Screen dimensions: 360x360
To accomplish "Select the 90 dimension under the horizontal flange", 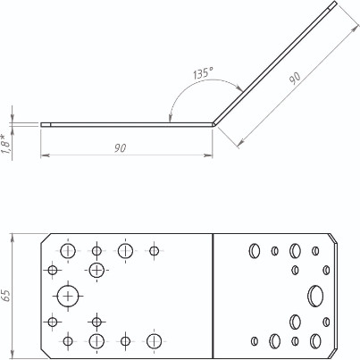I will (x=119, y=148).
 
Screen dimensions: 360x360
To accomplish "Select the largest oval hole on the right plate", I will (x=314, y=295).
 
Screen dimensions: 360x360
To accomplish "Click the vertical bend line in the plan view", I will (x=214, y=295).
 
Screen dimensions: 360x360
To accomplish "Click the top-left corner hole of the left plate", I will (x=69, y=249).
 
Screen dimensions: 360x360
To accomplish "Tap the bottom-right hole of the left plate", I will (x=155, y=339).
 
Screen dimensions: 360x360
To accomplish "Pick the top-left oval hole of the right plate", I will (x=254, y=250).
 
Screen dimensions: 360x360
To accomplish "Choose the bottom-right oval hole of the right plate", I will (x=315, y=339).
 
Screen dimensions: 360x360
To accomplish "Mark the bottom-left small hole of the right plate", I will (x=255, y=340).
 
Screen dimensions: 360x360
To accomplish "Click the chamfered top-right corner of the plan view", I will (x=334, y=239).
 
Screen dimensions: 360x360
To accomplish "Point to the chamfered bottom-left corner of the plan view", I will (x=44, y=349).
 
